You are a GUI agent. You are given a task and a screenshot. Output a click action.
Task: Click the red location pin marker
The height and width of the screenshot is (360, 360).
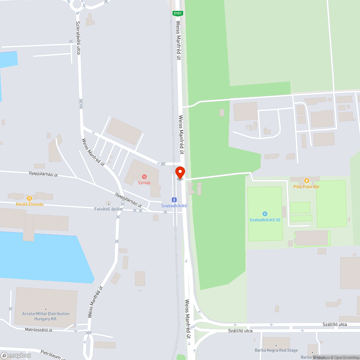[x=180, y=172]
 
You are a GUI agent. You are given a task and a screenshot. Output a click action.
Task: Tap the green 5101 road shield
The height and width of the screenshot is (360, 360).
[x=178, y=13]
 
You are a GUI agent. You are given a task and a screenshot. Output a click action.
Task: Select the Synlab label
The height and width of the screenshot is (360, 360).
[x=144, y=183]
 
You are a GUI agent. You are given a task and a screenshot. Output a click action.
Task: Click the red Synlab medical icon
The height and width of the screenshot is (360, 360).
[x=144, y=176]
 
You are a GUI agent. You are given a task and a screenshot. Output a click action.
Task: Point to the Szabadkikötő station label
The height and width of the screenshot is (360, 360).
[x=174, y=206]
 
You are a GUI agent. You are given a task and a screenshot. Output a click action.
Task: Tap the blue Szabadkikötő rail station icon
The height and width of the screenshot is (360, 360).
[x=174, y=200]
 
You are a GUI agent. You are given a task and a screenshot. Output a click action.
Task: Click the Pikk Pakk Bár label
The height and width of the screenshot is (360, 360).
[x=306, y=186]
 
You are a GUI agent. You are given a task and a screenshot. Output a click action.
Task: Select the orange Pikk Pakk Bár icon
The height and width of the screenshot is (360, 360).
[x=306, y=180]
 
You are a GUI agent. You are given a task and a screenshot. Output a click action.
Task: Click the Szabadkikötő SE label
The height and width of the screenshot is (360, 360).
[x=265, y=220]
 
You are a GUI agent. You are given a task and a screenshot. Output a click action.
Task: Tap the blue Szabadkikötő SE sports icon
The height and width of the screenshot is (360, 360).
[x=265, y=214]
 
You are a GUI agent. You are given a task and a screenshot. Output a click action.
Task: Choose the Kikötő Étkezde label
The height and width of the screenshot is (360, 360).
[x=30, y=204]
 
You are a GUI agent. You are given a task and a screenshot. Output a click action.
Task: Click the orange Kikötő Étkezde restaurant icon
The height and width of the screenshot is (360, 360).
[x=30, y=198]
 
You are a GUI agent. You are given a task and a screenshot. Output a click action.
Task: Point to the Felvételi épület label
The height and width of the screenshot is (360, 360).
[x=108, y=209]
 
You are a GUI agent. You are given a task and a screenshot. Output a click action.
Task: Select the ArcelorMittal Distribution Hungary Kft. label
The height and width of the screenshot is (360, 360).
[x=46, y=316]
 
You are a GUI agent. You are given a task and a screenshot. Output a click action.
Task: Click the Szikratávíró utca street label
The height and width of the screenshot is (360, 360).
[x=78, y=38]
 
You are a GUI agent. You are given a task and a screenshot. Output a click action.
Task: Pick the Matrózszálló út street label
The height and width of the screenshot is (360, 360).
[x=39, y=330]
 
